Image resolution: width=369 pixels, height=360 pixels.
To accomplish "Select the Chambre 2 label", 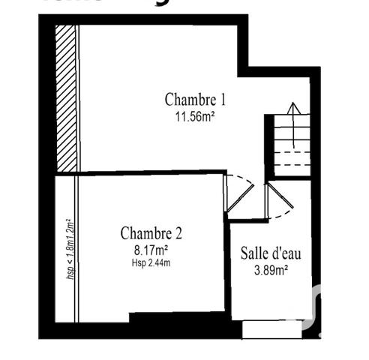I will [x=151, y=232].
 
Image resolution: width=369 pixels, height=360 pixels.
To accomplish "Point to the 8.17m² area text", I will [x=151, y=249].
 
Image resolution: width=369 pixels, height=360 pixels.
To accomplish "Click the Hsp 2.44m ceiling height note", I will [x=151, y=262].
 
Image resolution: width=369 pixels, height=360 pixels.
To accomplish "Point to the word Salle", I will [x=254, y=253].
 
